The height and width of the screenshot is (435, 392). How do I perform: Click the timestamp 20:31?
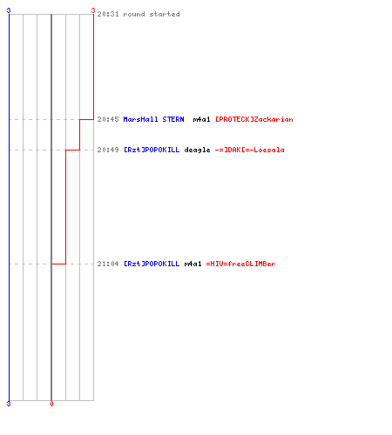click(x=108, y=14)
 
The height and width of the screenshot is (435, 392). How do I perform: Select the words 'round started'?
click(x=152, y=14)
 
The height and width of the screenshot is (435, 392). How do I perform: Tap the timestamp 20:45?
click(x=108, y=119)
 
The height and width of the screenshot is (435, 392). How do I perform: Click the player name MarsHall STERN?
click(x=153, y=119)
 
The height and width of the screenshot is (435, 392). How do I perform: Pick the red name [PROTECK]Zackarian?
click(x=254, y=119)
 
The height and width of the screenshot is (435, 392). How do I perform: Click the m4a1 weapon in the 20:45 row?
click(x=201, y=119)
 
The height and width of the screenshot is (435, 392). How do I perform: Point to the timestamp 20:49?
click(x=108, y=150)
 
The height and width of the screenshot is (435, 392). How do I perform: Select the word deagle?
click(x=197, y=151)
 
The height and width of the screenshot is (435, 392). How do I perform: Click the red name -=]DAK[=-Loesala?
click(x=250, y=150)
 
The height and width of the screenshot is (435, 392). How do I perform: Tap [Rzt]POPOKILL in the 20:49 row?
click(x=152, y=150)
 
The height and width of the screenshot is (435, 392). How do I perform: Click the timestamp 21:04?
click(x=108, y=264)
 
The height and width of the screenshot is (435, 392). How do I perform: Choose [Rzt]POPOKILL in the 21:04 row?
click(x=152, y=264)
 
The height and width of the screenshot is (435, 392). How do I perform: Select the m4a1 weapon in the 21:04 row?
click(x=193, y=264)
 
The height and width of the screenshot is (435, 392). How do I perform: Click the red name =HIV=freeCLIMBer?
click(x=240, y=264)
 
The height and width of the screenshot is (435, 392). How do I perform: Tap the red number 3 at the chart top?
click(x=93, y=10)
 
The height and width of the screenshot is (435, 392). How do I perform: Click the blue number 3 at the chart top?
click(x=9, y=10)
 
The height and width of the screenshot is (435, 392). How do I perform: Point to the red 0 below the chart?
click(x=51, y=404)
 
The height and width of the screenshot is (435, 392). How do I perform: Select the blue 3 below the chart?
click(x=9, y=404)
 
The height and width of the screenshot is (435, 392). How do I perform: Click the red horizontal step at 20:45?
click(x=86, y=119)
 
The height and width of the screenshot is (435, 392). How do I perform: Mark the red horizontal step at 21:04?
click(x=58, y=264)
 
